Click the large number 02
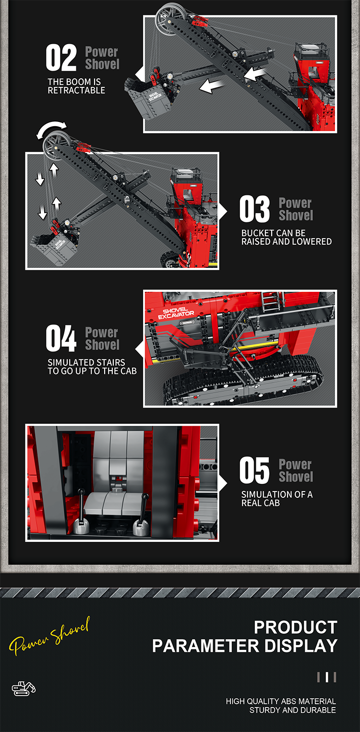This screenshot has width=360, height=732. (61, 58)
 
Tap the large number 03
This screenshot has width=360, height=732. (254, 209)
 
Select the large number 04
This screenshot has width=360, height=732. (61, 338)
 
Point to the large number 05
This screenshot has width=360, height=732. (254, 470)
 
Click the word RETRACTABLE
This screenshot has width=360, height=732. (76, 90)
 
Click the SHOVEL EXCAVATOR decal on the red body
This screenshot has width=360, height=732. (176, 313)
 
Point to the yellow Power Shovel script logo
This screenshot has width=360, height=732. (49, 636)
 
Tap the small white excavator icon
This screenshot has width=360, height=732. (24, 688)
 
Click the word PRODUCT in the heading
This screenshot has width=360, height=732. (296, 627)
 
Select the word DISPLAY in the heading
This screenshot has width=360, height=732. (301, 646)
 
